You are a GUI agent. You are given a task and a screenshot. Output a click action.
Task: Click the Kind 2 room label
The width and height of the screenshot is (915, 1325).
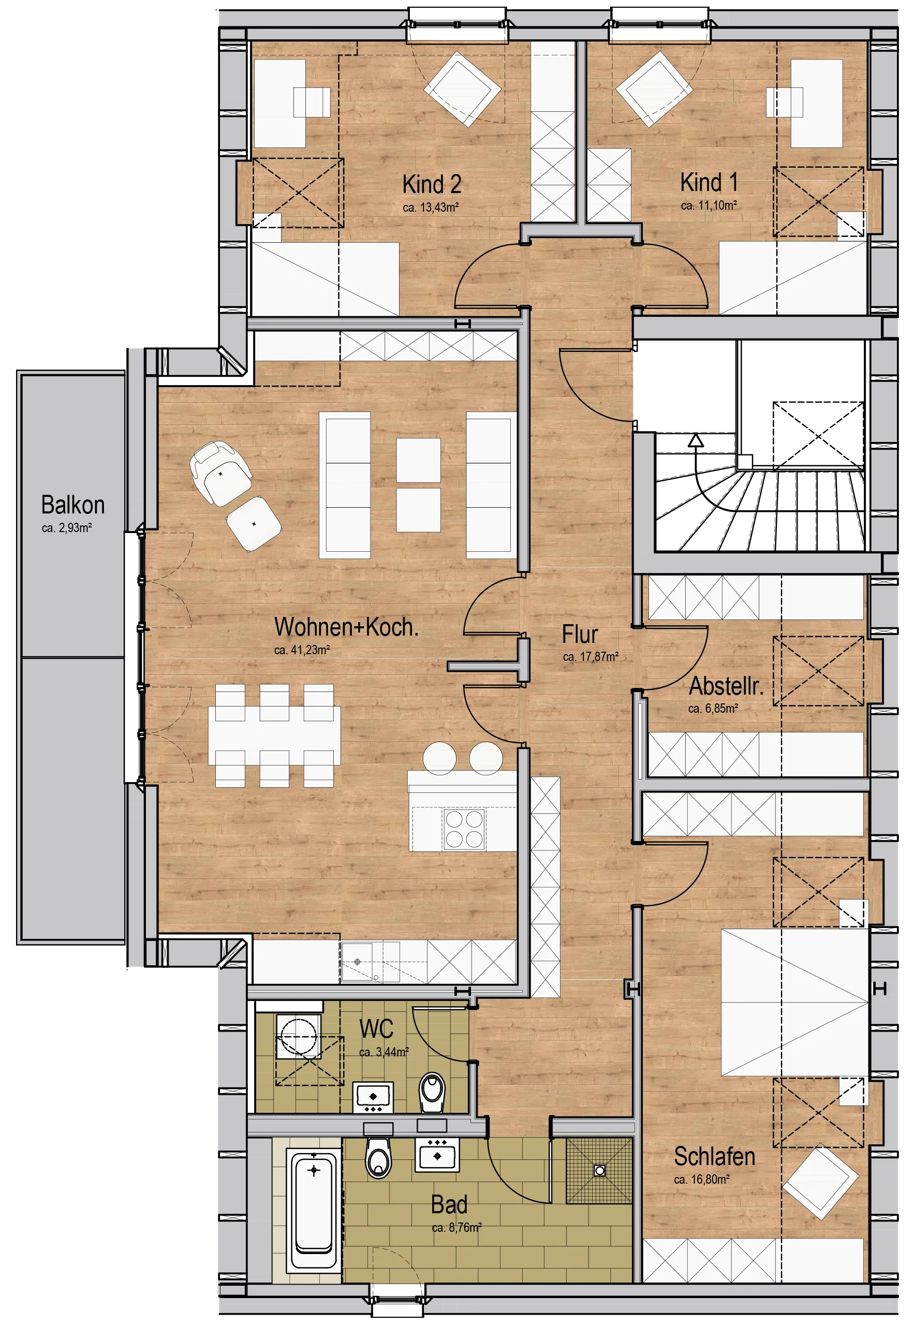[x=432, y=185]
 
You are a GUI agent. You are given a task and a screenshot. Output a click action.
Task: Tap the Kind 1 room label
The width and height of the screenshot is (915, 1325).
[x=709, y=182]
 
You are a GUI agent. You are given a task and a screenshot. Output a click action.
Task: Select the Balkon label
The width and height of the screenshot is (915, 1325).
[x=73, y=505]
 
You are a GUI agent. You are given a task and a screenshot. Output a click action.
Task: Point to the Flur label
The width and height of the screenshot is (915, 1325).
[x=580, y=635]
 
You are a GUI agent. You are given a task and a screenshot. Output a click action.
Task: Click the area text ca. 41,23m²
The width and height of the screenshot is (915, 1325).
[x=302, y=650]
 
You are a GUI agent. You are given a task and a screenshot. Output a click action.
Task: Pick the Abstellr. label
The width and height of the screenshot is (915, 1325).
[x=726, y=686]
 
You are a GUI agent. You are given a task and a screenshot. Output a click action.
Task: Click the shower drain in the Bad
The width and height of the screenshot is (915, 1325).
[x=600, y=1170]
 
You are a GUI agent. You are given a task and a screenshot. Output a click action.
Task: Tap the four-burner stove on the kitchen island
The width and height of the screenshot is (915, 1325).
[x=464, y=829]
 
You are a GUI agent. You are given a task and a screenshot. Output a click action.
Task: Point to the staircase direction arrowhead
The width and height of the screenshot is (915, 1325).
[x=696, y=440]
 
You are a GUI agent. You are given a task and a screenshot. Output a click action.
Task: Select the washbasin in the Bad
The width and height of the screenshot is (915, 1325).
[x=437, y=1154]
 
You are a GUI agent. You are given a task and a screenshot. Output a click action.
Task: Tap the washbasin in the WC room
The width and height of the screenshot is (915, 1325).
[x=373, y=1096]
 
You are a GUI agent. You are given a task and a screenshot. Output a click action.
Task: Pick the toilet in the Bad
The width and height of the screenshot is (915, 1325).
[x=378, y=1158]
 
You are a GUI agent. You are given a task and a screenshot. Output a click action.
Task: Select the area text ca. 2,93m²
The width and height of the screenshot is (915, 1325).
[x=67, y=528]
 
